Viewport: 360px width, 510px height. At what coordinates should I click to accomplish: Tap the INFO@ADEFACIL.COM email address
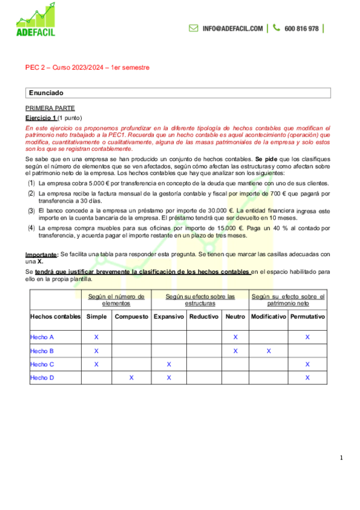[233, 28]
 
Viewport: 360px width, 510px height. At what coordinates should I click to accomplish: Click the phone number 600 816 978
[301, 28]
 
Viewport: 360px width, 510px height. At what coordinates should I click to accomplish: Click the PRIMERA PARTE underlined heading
[46, 108]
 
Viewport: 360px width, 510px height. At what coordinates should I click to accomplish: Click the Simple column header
[96, 316]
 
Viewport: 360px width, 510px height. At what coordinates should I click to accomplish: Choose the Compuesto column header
[131, 316]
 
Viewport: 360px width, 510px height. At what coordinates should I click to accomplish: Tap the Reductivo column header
[204, 316]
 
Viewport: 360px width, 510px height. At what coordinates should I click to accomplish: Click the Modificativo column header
[268, 316]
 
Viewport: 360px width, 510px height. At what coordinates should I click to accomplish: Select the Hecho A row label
[42, 337]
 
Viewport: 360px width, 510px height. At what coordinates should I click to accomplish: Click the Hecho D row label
[42, 378]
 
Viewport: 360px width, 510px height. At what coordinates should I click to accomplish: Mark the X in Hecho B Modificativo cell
[269, 351]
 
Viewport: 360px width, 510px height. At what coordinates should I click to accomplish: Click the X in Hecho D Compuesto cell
[131, 378]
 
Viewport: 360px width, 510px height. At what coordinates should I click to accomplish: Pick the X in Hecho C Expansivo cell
[168, 364]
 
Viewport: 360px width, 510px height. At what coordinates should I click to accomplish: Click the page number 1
[341, 458]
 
